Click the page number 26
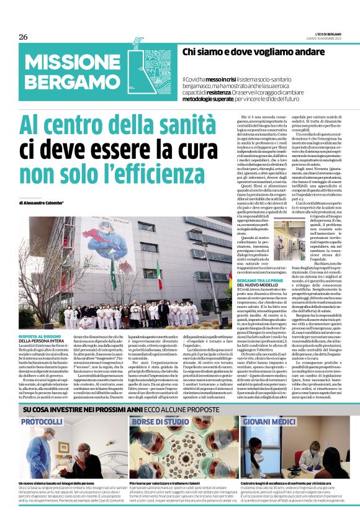(23, 37)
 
